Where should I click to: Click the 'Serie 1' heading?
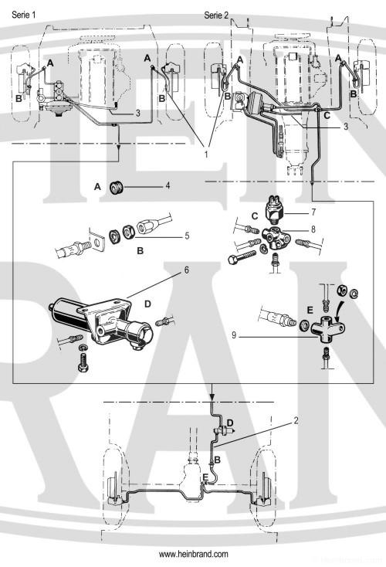pos(24,15)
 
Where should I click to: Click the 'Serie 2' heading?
pos(216,15)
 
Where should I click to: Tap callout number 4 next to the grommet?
pos(168,185)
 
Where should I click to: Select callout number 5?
pos(187,236)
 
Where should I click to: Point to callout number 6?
pos(187,270)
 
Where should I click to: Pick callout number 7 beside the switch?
pos(313,212)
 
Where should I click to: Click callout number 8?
pos(313,229)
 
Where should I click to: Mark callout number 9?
pos(234,335)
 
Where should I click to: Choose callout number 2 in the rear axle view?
pos(296,420)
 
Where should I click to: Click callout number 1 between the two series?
pos(206,154)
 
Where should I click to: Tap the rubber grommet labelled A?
pos(117,187)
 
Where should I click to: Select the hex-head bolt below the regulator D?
pos(83,363)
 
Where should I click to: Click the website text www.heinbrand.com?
pos(194,554)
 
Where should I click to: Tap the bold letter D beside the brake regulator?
pos(147,304)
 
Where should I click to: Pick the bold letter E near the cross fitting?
pos(310,310)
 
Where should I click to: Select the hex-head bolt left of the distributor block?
pos(242,256)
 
